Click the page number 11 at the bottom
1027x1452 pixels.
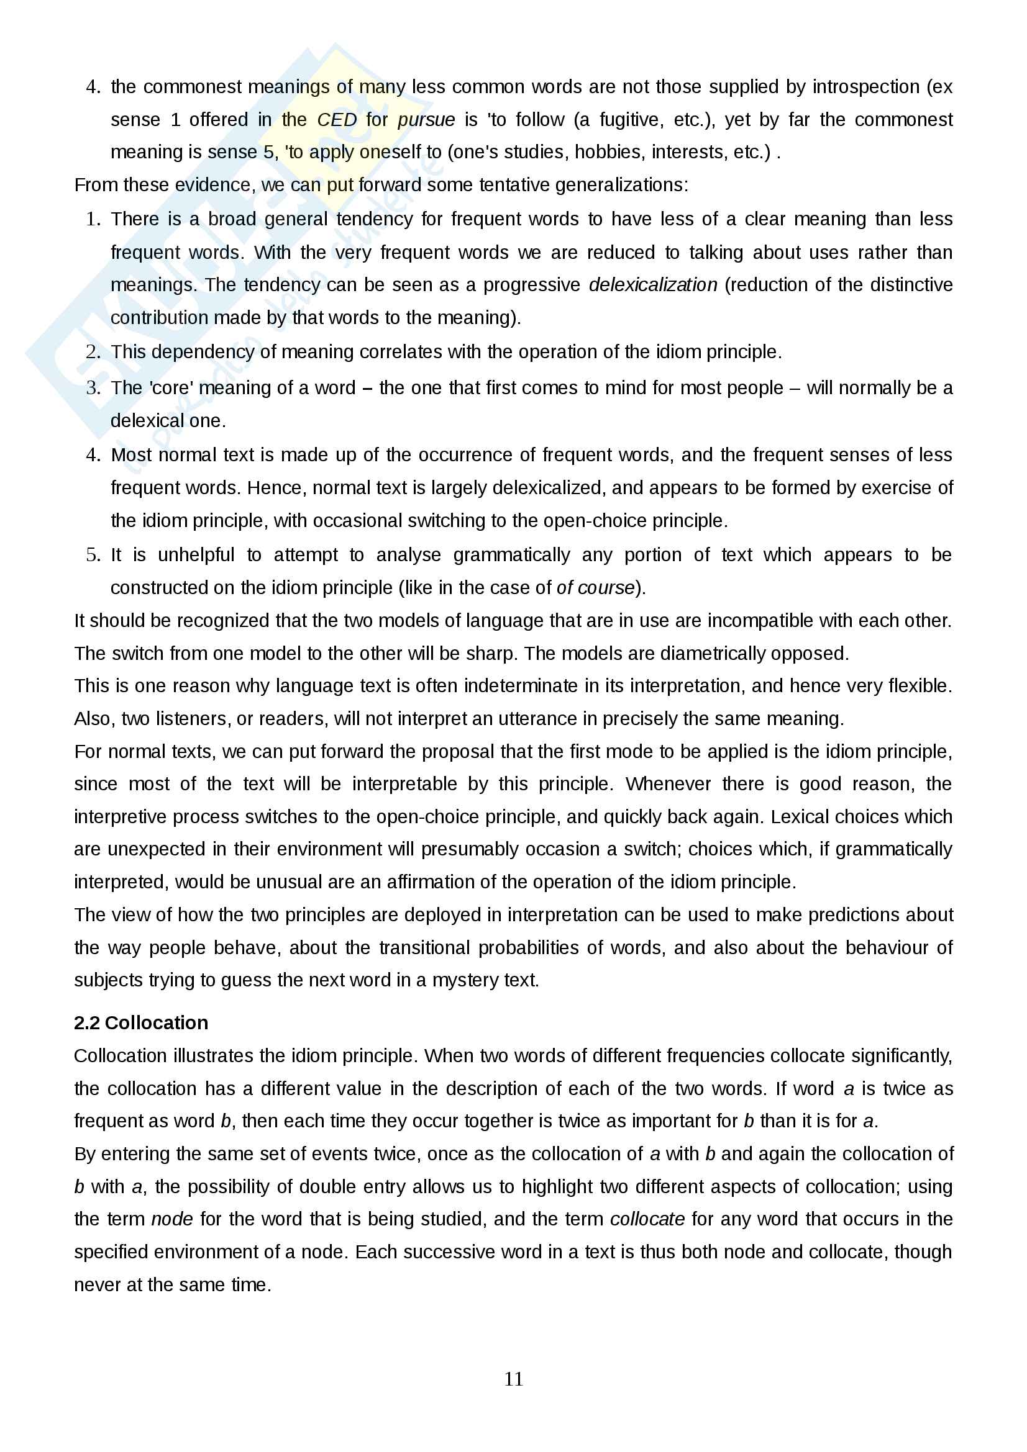(x=513, y=1379)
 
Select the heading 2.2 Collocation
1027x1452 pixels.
(x=140, y=1022)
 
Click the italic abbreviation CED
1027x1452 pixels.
(x=337, y=120)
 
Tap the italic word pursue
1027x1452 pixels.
(x=426, y=120)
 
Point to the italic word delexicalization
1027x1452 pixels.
(x=652, y=284)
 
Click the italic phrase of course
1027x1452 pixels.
(x=595, y=587)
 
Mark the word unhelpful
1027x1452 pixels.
(x=196, y=554)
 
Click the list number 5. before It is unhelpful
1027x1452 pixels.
(x=93, y=554)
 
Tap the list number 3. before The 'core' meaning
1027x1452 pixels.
(x=93, y=387)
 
